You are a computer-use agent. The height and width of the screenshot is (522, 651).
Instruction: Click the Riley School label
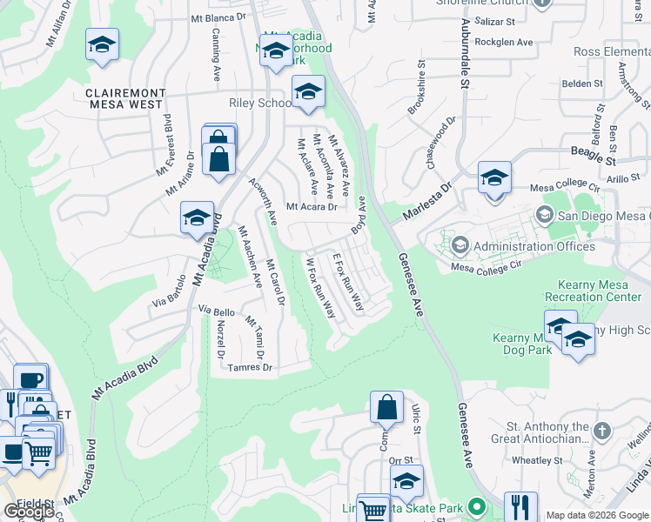(x=259, y=104)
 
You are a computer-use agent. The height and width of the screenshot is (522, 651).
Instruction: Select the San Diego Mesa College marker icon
(x=546, y=215)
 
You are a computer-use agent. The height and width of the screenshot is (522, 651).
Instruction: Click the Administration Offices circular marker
(x=460, y=246)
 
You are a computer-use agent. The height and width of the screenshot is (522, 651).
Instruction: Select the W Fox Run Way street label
(x=320, y=286)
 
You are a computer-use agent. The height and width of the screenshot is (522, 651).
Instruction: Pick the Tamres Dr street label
(x=250, y=368)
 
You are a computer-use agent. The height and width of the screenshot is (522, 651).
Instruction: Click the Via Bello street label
(x=217, y=310)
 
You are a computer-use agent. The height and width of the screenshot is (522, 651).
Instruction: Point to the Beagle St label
(x=617, y=161)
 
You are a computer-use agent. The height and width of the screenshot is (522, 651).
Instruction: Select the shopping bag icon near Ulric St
(x=386, y=406)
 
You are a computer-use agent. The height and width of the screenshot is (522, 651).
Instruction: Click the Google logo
(x=29, y=512)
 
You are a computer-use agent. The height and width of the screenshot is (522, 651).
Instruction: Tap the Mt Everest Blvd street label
(x=164, y=144)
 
